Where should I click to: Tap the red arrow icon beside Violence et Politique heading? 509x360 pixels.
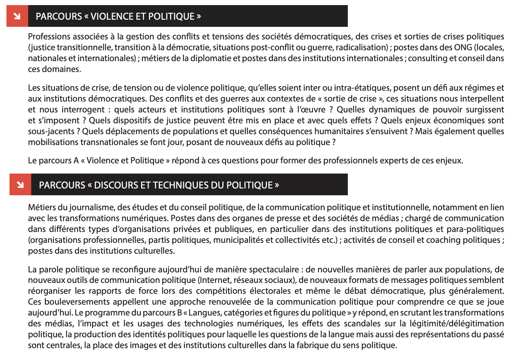(x=17, y=16)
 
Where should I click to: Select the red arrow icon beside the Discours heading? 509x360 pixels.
(x=20, y=185)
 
